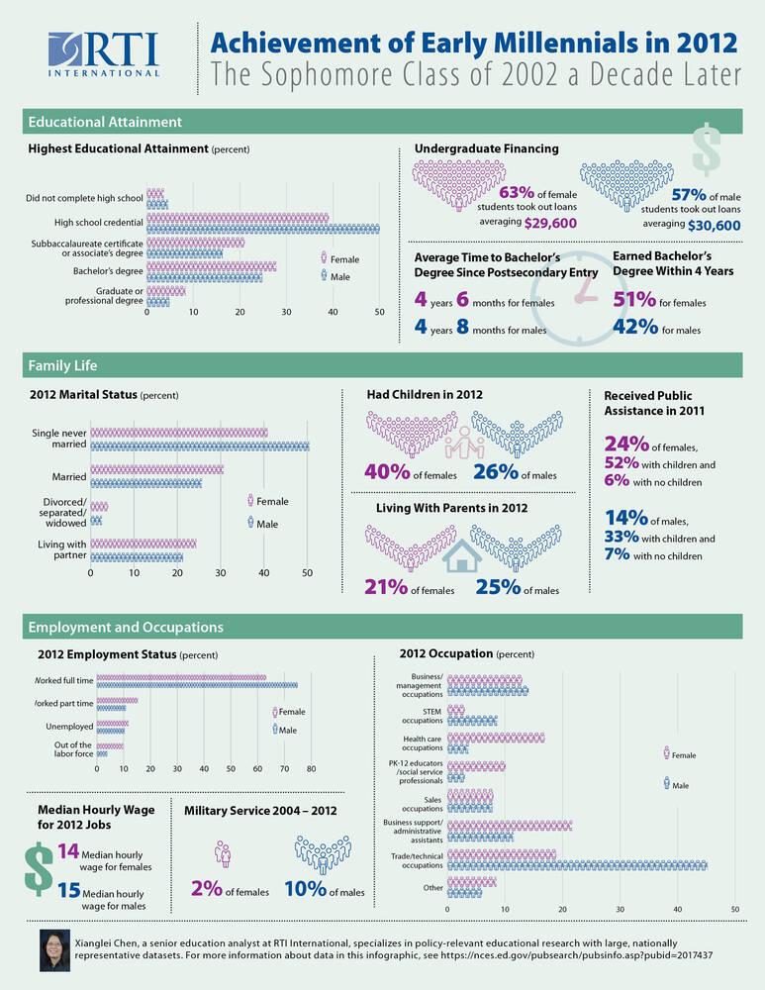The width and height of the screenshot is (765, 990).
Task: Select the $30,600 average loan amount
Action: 714,226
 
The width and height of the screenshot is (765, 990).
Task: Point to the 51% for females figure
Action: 634,300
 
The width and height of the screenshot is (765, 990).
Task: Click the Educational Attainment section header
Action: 105,122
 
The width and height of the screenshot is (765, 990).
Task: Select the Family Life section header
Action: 61,367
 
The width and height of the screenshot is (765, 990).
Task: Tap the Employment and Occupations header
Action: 126,627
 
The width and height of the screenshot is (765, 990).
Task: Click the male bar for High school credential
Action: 262,229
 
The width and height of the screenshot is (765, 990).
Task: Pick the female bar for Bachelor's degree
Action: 211,265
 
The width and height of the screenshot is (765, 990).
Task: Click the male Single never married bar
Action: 199,445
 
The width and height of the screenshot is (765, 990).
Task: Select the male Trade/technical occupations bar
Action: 577,864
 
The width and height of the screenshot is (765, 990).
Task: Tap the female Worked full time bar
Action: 181,678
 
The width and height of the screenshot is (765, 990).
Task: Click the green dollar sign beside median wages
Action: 38,868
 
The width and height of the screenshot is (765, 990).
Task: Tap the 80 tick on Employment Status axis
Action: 311,768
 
